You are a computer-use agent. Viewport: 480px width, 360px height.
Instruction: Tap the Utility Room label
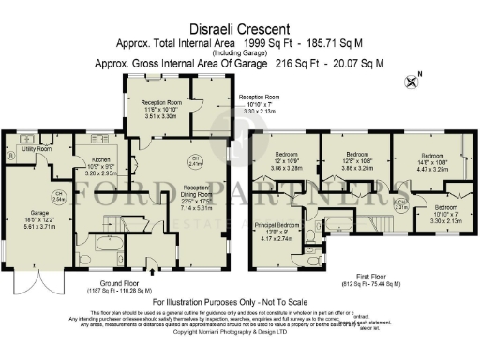tap(37, 148)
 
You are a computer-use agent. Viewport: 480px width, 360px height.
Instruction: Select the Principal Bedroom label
tap(277, 226)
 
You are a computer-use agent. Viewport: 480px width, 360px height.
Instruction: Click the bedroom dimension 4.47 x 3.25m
tap(429, 173)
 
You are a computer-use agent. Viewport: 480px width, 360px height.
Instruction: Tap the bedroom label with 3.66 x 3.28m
tap(285, 155)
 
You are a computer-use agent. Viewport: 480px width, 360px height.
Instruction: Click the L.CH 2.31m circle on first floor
tap(400, 203)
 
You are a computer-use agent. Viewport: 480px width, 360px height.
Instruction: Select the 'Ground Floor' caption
tap(122, 281)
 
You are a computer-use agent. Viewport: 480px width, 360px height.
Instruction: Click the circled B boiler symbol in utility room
tap(10, 156)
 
